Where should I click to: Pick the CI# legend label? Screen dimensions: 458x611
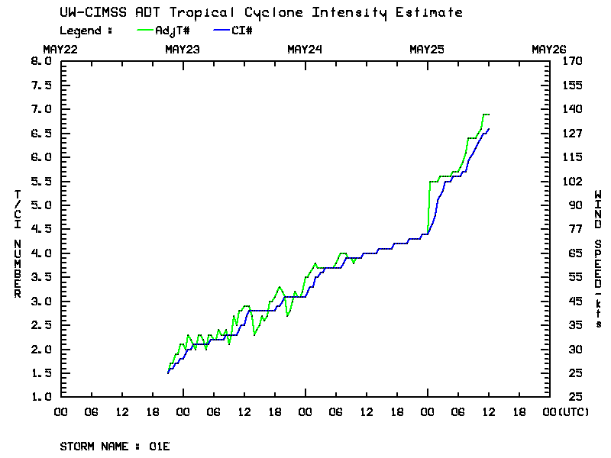(243, 31)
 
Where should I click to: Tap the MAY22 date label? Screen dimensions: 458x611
(60, 50)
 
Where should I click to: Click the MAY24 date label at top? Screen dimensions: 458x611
(305, 50)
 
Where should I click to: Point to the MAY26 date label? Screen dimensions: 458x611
(549, 50)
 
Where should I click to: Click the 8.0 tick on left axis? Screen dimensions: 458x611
(41, 61)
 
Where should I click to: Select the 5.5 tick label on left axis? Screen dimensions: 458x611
(41, 181)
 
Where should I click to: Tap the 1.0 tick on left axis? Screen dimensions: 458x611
(41, 397)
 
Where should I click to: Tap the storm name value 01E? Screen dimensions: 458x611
(160, 446)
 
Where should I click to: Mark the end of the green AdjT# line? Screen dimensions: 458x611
(489, 114)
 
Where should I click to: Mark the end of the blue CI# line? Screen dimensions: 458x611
(489, 129)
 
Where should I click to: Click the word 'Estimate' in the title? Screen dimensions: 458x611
(435, 13)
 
